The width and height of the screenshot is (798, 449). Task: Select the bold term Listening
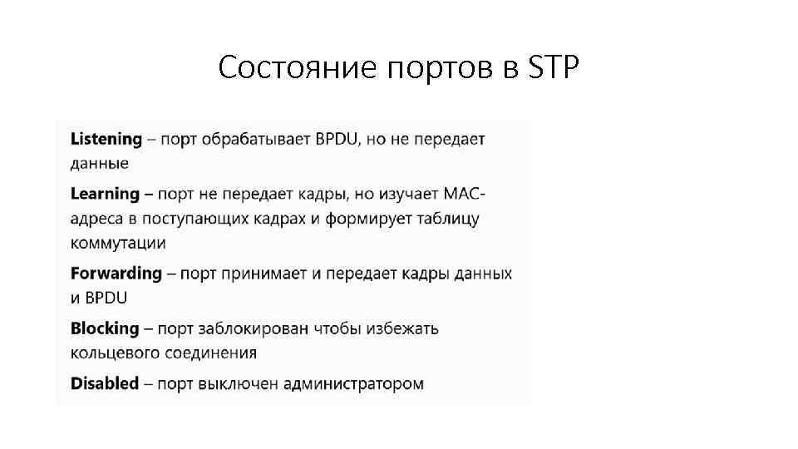tap(106, 139)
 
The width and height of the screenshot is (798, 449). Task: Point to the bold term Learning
tap(105, 194)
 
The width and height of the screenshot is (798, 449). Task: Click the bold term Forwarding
tap(116, 273)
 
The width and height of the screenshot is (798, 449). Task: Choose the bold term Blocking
tap(104, 328)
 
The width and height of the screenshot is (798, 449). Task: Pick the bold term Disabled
tap(104, 383)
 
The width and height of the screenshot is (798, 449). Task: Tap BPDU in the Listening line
tap(337, 139)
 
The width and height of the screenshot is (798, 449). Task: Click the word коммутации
tap(118, 243)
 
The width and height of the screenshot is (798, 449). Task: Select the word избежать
tap(402, 328)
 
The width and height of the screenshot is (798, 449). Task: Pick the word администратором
tap(353, 383)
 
